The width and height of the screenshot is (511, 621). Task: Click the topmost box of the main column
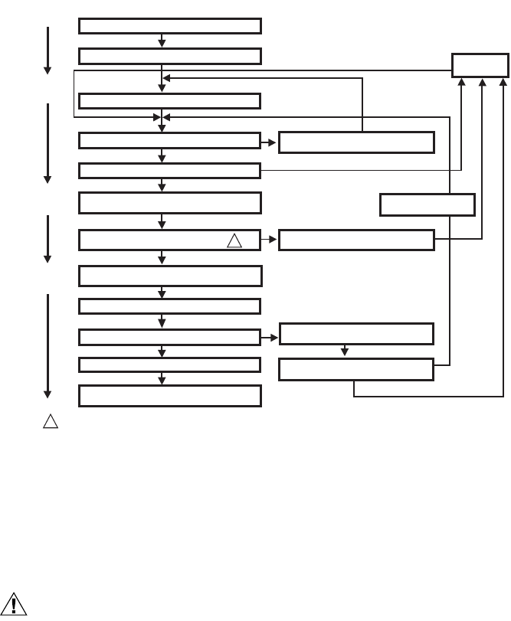pos(169,26)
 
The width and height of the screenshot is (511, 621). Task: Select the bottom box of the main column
pos(169,396)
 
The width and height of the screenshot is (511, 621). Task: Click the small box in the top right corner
pos(480,65)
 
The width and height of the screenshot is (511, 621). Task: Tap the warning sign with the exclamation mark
pos(15,603)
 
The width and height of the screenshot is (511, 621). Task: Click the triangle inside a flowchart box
pos(234,240)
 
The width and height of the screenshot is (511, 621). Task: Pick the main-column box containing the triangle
pos(169,240)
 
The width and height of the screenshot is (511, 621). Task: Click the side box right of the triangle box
pos(355,240)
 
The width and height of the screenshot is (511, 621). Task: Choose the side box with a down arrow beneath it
pos(355,334)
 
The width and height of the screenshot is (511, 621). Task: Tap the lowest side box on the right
pos(355,369)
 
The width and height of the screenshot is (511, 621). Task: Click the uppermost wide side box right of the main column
pos(355,142)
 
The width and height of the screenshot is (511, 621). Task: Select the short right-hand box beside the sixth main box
pos(427,204)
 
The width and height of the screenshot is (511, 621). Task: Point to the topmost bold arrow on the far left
pos(47,51)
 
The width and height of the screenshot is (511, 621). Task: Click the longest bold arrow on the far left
pos(47,345)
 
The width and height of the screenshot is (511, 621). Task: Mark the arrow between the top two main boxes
pos(162,41)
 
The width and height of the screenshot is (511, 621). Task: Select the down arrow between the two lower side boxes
pos(345,351)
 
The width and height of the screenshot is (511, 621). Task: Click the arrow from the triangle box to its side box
pos(269,240)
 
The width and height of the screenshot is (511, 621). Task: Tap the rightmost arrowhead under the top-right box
pos(503,81)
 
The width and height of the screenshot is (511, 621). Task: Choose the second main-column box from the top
pos(169,57)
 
